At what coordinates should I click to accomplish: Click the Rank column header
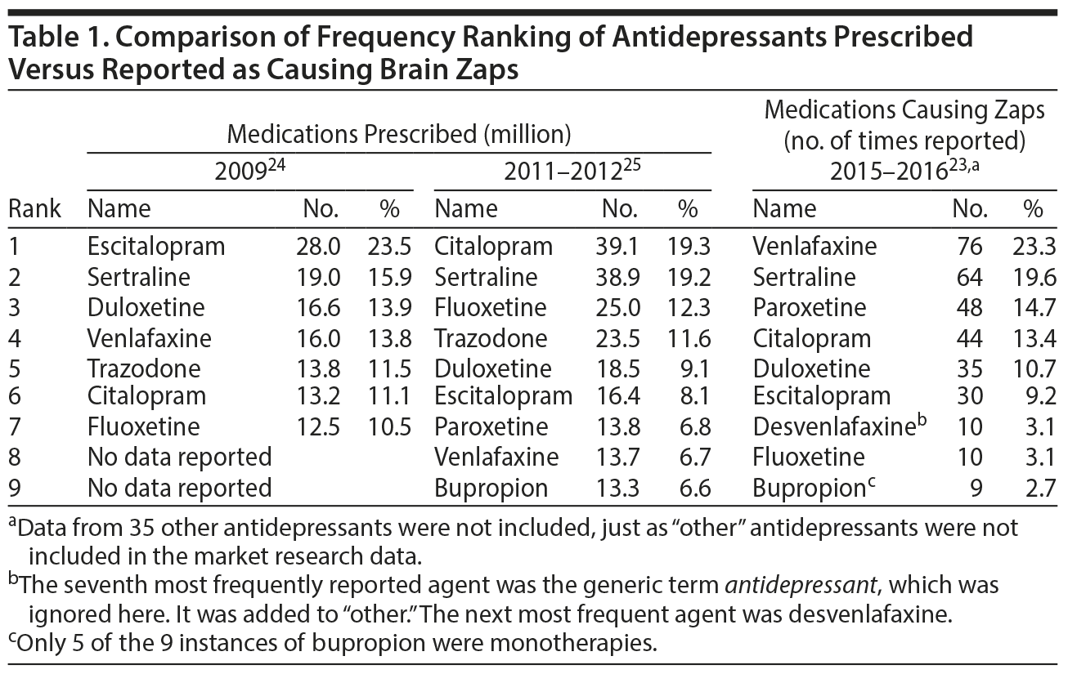point(34,208)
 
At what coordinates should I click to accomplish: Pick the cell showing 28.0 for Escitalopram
point(318,246)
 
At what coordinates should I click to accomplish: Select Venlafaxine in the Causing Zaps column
point(814,246)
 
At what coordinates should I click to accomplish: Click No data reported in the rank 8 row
point(179,458)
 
